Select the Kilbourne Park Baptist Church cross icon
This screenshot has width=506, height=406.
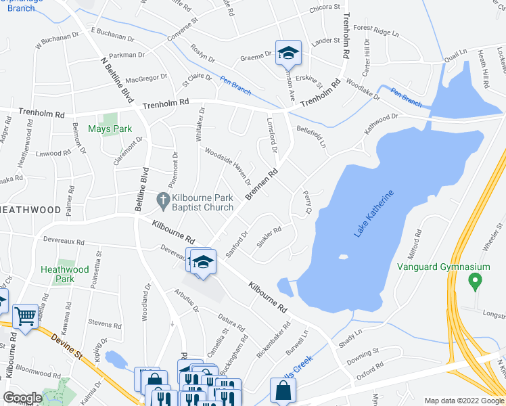162,200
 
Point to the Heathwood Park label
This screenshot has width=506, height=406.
65,274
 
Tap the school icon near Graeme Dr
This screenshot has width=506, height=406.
288,52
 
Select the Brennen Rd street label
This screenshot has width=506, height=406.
262,185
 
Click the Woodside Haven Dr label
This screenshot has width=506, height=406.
228,166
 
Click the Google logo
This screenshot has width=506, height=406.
22,397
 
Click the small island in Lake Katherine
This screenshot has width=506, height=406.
343,256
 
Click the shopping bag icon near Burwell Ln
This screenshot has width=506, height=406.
283,390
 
